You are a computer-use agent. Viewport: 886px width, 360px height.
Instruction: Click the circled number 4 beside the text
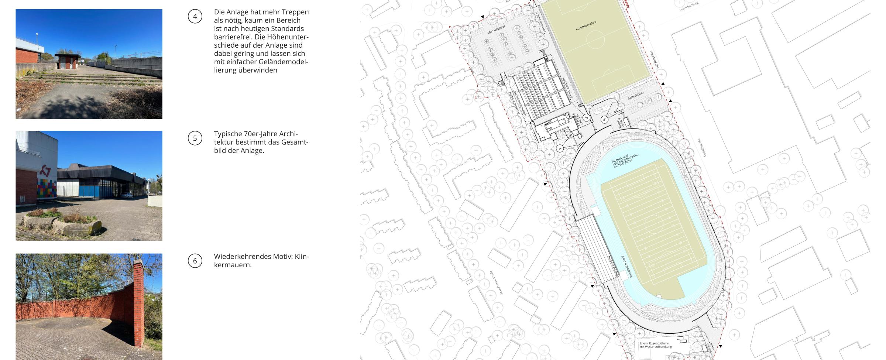click(195, 17)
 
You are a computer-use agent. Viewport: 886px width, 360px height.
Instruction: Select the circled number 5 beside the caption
click(195, 138)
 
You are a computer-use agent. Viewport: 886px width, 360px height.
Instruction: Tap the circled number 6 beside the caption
click(195, 261)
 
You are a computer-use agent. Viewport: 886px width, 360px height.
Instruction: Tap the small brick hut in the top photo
click(68, 61)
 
